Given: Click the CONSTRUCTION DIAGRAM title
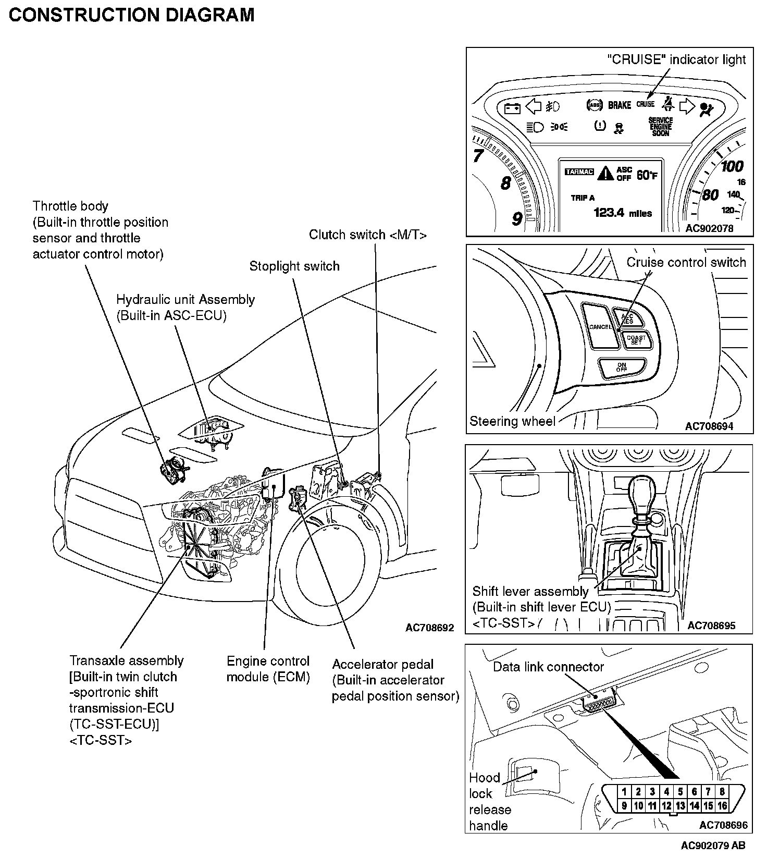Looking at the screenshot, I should (x=131, y=15).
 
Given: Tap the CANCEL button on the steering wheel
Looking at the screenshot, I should (x=600, y=327).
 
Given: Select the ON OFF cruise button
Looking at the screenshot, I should (x=622, y=367).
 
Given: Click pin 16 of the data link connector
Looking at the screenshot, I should (x=722, y=805).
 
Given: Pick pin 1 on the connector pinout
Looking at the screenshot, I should (x=624, y=792).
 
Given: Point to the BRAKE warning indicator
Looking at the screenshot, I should (x=620, y=105).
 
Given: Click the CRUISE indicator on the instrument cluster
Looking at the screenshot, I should (x=645, y=104).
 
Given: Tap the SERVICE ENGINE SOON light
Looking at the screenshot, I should (x=660, y=127).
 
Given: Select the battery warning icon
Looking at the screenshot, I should (x=512, y=108).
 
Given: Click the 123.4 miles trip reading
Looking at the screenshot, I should (x=623, y=213).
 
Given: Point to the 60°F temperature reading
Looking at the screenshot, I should (x=647, y=175).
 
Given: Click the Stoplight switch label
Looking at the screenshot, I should (x=294, y=266).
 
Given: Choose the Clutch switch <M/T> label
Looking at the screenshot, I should (x=368, y=235).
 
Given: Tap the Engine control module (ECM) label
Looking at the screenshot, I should (x=268, y=669).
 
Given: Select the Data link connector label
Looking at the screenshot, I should (x=548, y=667).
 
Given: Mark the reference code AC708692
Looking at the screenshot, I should (x=429, y=628).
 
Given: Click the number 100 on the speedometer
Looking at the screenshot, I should (x=732, y=166).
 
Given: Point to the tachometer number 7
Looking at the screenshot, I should (x=478, y=155).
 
